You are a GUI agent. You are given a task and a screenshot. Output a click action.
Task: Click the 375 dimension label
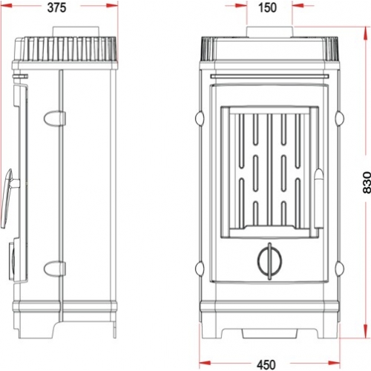pos(56,7)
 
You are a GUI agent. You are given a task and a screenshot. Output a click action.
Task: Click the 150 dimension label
pos(267,7)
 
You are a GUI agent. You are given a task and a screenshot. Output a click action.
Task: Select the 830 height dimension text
pos(367,183)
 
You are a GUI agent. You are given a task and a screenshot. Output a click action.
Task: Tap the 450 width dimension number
pos(266,364)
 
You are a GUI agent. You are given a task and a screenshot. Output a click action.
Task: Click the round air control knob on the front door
pos(269,261)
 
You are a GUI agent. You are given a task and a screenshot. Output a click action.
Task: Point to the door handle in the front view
pos(318,198)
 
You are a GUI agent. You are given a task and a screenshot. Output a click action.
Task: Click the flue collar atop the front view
pos(270,32)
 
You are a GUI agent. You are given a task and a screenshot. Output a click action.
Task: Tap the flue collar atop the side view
pos(76,32)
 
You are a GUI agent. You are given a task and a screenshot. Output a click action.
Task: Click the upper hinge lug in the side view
pos(55,118)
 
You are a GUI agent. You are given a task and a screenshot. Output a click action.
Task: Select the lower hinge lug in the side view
pos(55,269)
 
